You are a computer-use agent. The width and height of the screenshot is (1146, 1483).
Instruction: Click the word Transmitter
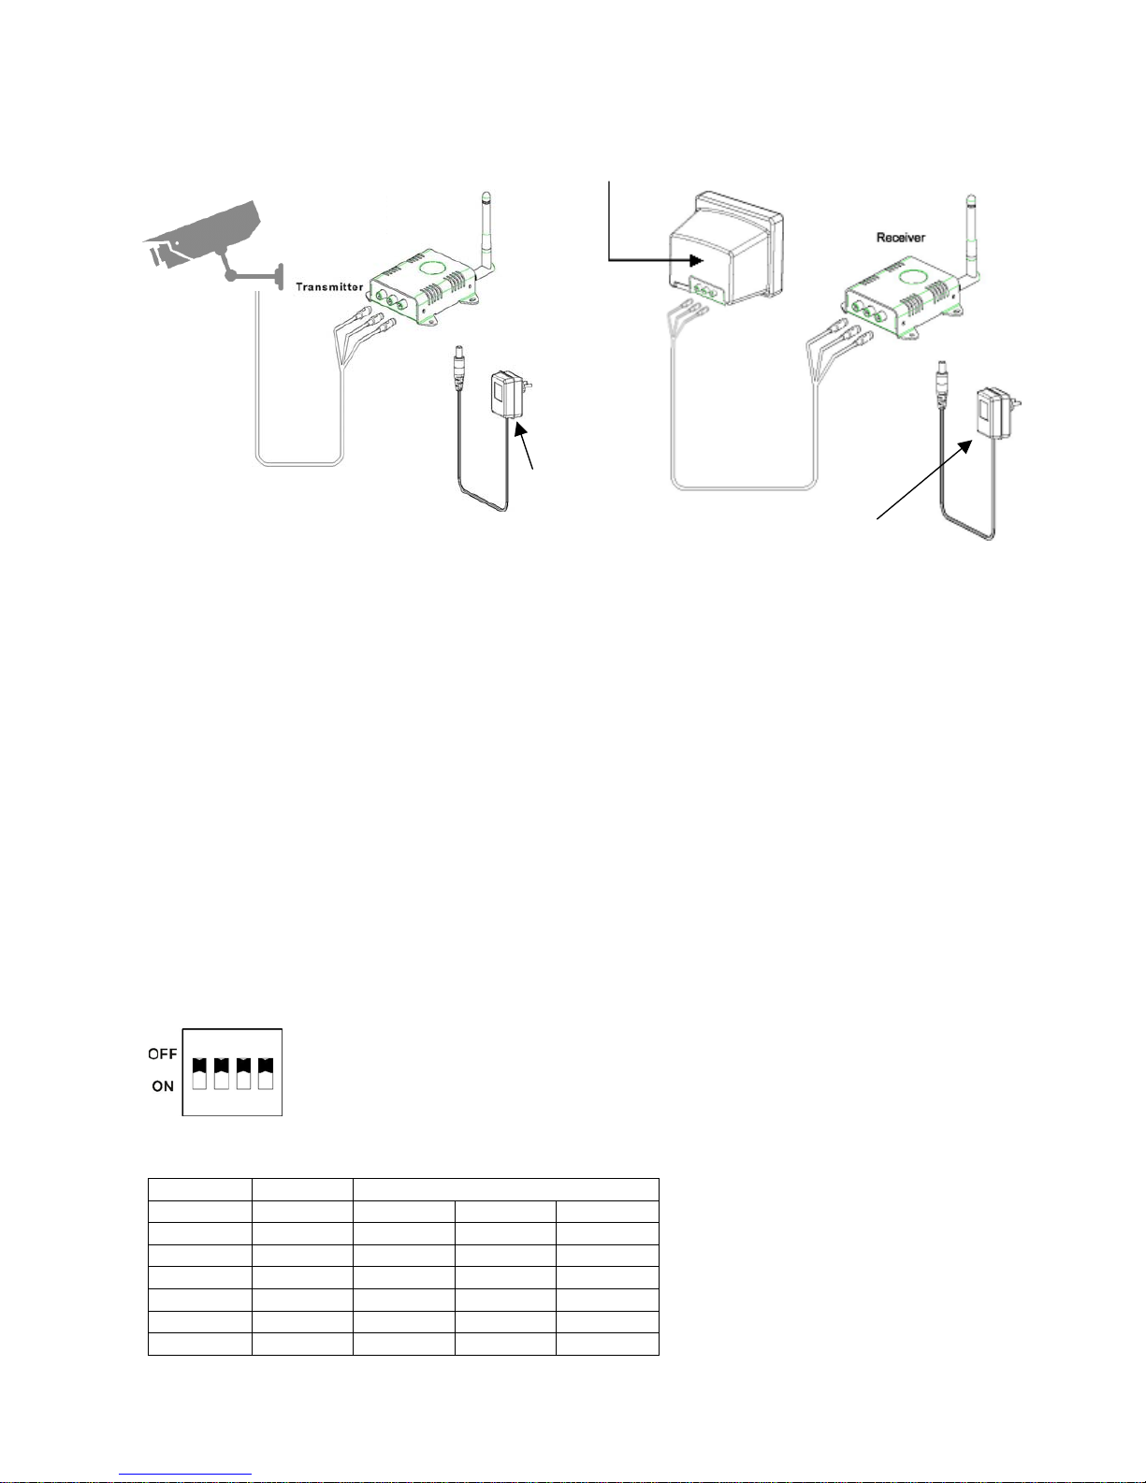328,286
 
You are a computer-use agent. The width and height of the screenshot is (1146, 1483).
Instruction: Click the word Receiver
900,238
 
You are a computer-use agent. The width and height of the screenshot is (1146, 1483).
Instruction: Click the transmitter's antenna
487,232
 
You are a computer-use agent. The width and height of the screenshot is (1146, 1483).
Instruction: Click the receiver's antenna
971,236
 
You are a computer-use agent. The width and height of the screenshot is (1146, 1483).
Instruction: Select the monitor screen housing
727,249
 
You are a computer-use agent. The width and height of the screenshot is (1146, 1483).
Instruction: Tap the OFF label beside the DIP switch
163,1054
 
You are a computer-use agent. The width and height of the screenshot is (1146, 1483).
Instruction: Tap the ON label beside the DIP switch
163,1085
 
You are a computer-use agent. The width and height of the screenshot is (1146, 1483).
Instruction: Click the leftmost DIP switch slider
199,1073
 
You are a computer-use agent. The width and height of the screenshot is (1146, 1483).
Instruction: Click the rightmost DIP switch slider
266,1073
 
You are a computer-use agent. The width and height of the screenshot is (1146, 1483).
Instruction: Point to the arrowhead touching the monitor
696,260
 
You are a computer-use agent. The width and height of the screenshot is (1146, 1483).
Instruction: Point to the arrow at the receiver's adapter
924,480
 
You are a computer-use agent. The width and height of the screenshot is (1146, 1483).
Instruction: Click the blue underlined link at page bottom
185,1475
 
